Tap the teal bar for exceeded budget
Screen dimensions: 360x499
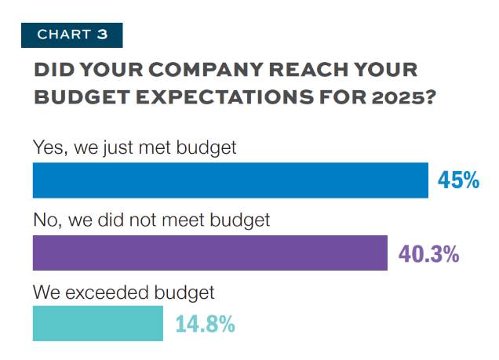pyautogui.click(x=97, y=323)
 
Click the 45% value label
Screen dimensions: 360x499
pyautogui.click(x=457, y=181)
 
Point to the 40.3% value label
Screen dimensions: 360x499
pyautogui.click(x=428, y=253)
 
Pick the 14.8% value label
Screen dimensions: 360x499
pyautogui.click(x=204, y=324)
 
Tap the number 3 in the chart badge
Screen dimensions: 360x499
pyautogui.click(x=103, y=35)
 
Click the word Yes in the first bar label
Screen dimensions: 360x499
pyautogui.click(x=49, y=147)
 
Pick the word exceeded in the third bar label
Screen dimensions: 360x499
pyautogui.click(x=104, y=293)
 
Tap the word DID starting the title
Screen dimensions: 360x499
pyautogui.click(x=53, y=71)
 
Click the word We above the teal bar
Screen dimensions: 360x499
pyautogui.click(x=46, y=293)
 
